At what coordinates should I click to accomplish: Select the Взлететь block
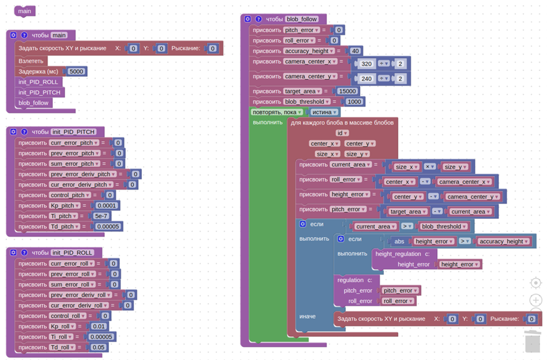[x=31, y=61]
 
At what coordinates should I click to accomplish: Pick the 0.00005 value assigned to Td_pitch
[x=108, y=226]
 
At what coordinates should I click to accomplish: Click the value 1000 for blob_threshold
[x=354, y=102]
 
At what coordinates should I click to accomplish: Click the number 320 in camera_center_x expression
[x=366, y=63]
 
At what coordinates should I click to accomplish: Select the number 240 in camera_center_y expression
[x=366, y=79]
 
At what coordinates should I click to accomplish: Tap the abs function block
[x=399, y=241]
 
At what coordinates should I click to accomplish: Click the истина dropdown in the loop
[x=324, y=112]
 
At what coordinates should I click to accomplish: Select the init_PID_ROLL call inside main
[x=38, y=82]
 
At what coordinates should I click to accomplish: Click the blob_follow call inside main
[x=34, y=103]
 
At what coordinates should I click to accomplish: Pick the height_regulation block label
[x=399, y=254]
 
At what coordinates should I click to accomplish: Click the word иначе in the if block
[x=307, y=316]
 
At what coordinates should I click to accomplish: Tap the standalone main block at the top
[x=24, y=11]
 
